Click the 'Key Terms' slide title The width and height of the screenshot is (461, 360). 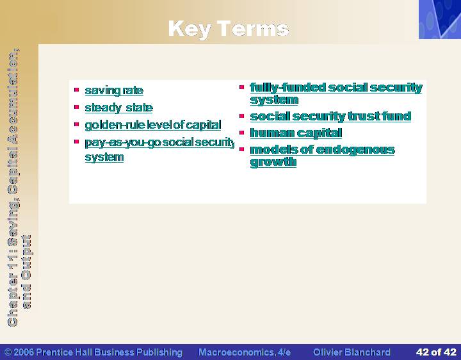[229, 29]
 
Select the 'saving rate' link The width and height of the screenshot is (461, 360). [114, 90]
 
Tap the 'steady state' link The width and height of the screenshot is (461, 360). [119, 108]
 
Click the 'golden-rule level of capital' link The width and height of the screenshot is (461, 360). [153, 125]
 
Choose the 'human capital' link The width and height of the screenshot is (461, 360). [296, 133]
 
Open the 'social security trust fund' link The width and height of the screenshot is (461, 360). [330, 116]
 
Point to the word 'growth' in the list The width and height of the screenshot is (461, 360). [273, 162]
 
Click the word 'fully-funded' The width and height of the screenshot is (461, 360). [288, 87]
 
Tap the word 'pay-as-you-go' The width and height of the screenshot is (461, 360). [122, 142]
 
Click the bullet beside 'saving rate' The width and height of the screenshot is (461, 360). [77, 90]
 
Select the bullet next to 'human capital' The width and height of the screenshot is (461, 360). [241, 133]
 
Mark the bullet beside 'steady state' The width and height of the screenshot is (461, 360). [77, 107]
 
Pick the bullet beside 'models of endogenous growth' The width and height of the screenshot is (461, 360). [241, 149]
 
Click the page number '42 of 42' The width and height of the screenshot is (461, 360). [436, 352]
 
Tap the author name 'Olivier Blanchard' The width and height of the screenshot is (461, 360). [352, 352]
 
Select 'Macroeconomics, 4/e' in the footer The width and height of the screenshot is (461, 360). [245, 352]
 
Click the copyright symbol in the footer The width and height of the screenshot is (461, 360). [8, 352]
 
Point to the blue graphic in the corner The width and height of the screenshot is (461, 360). [440, 19]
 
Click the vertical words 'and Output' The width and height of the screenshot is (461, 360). [26, 272]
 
